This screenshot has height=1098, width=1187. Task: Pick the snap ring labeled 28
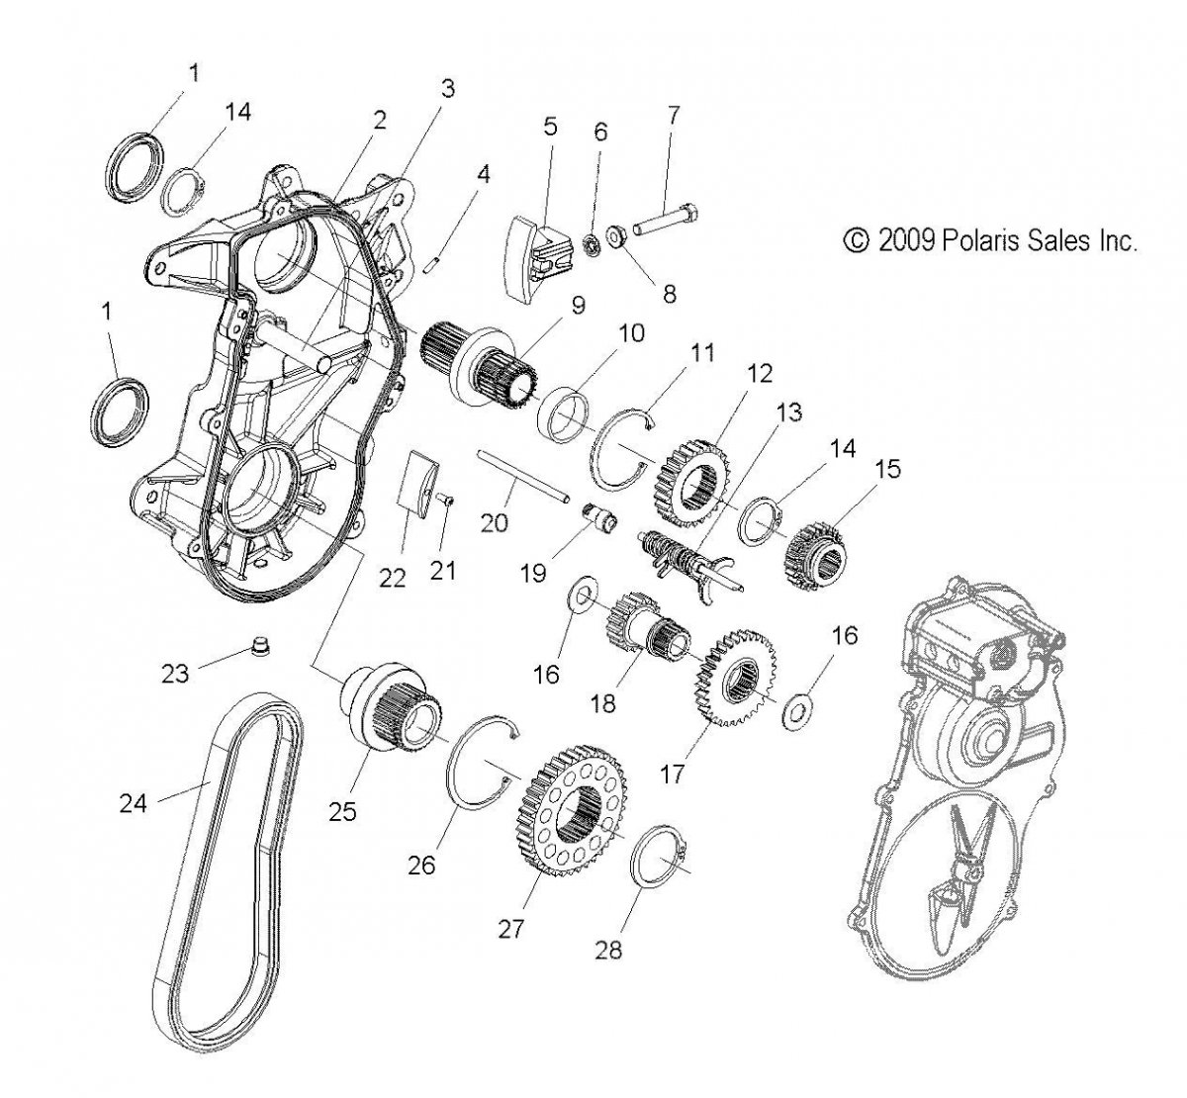(x=654, y=856)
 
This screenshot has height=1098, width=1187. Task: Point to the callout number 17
(x=673, y=773)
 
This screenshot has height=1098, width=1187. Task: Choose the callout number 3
(x=447, y=89)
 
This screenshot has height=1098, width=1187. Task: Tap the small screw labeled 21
(x=446, y=503)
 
